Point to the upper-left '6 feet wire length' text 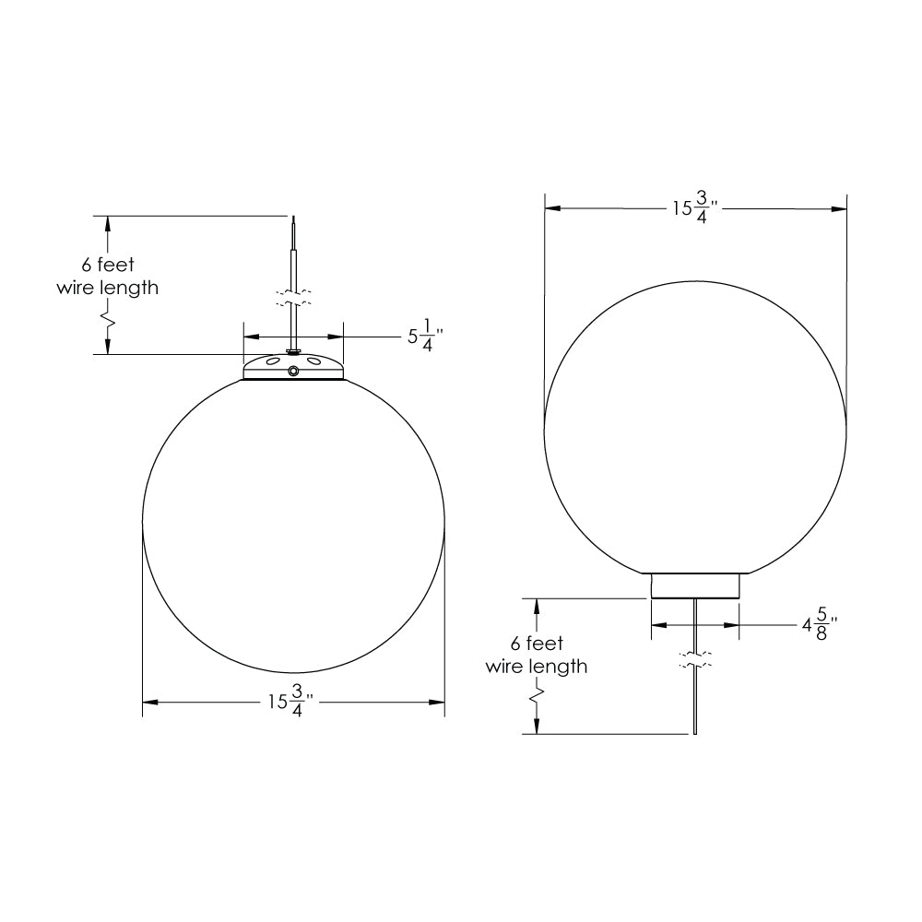click(108, 277)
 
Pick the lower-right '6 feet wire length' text click(537, 655)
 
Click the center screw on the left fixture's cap click(292, 371)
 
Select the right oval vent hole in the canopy click(314, 362)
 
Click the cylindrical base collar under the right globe click(695, 585)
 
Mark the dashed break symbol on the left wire click(292, 299)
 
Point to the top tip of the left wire click(292, 218)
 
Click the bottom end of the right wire click(694, 733)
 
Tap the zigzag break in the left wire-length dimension click(108, 322)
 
